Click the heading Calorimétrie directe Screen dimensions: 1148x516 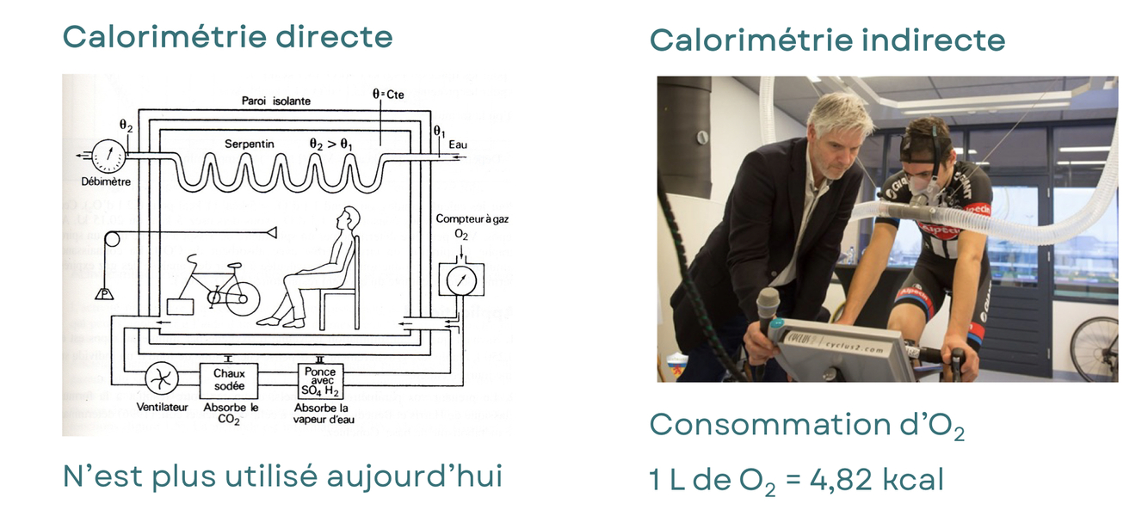click(x=227, y=37)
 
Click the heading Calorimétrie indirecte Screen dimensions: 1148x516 click(x=826, y=40)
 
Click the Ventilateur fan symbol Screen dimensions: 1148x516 click(x=162, y=378)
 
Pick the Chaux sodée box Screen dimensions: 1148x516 click(x=229, y=379)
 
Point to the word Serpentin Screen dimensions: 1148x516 click(x=250, y=144)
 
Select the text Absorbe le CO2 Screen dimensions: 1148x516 click(x=230, y=413)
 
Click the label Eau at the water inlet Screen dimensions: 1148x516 click(x=458, y=144)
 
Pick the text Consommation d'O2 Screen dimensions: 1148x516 click(x=805, y=426)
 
